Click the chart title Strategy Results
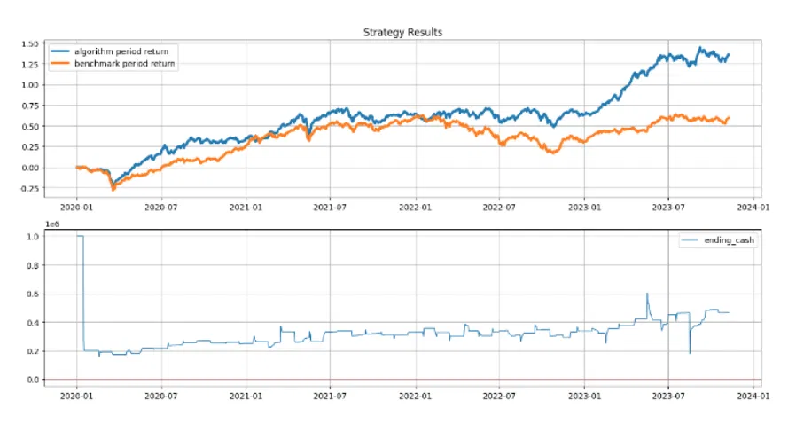pos(402,32)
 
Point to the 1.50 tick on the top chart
pos(30,43)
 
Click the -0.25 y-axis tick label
pos(28,188)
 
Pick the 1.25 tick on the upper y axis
pos(30,65)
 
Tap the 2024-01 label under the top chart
pos(753,208)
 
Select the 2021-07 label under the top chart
pos(330,208)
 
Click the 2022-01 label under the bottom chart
pos(415,395)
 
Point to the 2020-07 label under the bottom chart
pos(161,395)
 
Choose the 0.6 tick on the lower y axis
pos(33,294)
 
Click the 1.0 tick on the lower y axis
pos(33,237)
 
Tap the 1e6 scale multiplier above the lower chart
pos(52,224)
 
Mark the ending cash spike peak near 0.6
pos(647,294)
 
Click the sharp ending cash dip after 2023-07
pos(690,352)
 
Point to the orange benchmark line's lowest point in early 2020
pos(113,190)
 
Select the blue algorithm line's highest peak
pos(699,48)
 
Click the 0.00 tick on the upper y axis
pos(30,168)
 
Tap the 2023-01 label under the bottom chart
pos(584,395)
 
